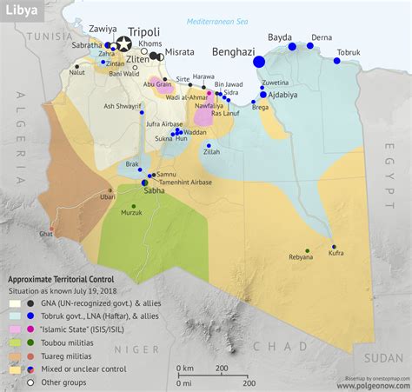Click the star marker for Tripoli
[x=124, y=43]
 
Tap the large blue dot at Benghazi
[x=259, y=61]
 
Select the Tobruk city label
[x=349, y=51]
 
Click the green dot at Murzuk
[x=133, y=206]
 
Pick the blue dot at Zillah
[x=209, y=145]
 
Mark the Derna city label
[x=322, y=37]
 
